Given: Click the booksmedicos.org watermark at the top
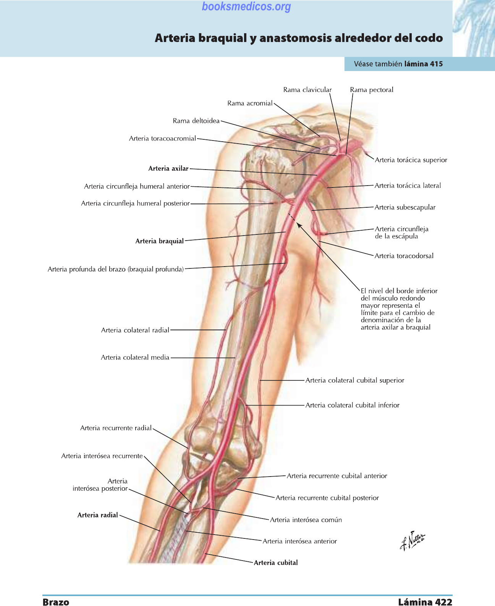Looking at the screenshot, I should (246, 6).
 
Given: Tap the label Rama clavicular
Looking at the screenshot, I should (307, 90).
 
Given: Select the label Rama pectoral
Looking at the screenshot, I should (371, 90).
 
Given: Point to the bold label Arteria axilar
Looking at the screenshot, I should (168, 168).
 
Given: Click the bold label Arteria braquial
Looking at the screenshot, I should (160, 241).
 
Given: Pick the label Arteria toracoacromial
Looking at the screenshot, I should (162, 138).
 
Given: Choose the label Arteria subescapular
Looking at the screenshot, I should (405, 207).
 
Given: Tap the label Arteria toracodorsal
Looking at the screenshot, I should (404, 256).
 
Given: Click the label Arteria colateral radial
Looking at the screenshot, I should (135, 330).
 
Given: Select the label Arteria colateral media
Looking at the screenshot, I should (135, 357).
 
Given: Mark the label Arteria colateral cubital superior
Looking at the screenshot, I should (355, 380).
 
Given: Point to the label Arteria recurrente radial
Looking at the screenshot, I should (116, 428).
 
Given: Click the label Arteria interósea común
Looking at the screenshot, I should (306, 520).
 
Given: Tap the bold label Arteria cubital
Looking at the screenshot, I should (276, 562).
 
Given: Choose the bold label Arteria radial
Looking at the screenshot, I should (98, 515).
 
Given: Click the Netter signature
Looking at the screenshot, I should (412, 541).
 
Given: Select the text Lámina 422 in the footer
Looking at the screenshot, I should (425, 602).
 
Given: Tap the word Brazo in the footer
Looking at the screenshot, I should (56, 602).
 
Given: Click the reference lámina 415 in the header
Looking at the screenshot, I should (424, 64).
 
